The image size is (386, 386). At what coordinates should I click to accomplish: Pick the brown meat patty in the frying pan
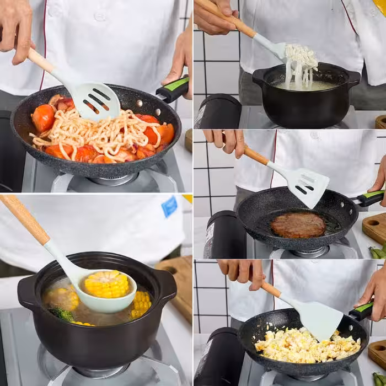coord(298,225)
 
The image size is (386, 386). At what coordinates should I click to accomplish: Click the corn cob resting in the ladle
coord(107,284)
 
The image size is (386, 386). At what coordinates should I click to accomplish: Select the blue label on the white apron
coord(169,206)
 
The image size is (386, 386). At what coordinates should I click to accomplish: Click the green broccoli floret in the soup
coord(63,314)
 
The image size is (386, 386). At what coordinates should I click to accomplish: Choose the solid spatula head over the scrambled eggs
coord(320,319)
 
